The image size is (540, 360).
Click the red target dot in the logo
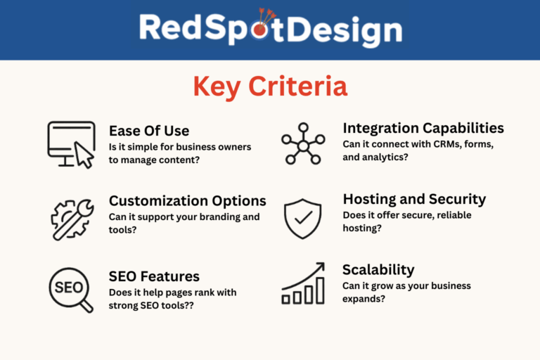point(259,30)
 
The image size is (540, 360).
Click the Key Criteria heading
point(270,86)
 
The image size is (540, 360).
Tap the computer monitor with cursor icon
point(71,145)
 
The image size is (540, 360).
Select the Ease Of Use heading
point(149,131)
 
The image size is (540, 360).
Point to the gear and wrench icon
point(72,219)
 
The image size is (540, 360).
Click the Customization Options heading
point(188,201)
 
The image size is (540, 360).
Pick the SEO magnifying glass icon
point(71,290)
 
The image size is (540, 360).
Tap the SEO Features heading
point(154,276)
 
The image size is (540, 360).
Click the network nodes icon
point(303,143)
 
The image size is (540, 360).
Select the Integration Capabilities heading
point(423,128)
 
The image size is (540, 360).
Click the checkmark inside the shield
point(304,218)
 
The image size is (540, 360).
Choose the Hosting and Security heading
point(414,199)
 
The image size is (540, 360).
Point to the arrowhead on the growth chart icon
point(321,266)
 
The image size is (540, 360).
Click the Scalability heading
point(378,270)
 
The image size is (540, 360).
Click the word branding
point(219,217)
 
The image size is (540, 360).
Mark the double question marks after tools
point(188,306)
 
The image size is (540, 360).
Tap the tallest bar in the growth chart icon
point(321,291)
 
